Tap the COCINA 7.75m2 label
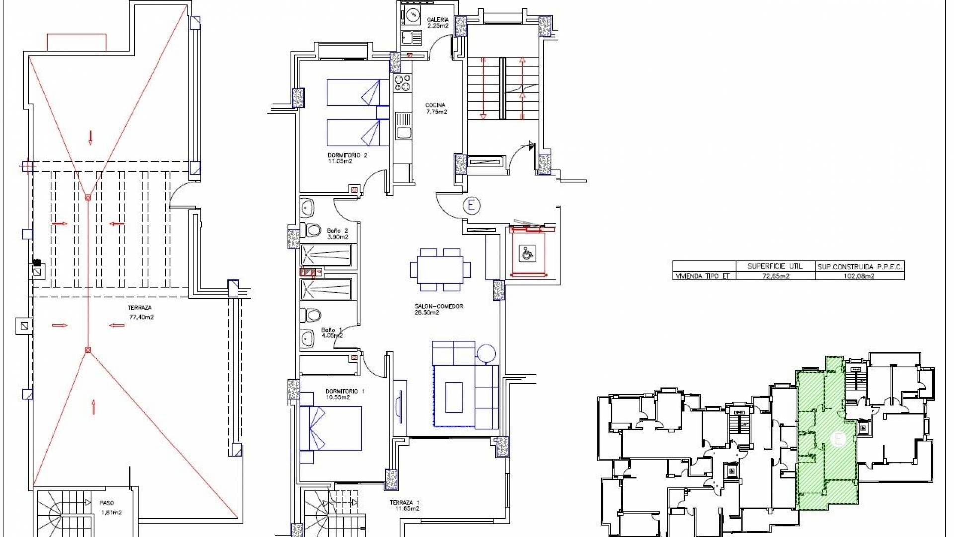(x=436, y=108)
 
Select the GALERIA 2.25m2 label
(x=437, y=23)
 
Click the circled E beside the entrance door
(x=471, y=205)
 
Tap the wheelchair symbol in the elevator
(x=526, y=254)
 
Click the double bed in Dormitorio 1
(x=330, y=428)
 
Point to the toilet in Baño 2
(x=311, y=230)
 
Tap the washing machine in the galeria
(x=412, y=15)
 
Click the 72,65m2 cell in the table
(x=775, y=276)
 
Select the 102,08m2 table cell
(x=859, y=276)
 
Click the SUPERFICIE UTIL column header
(x=775, y=266)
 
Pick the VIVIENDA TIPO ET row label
(x=702, y=276)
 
